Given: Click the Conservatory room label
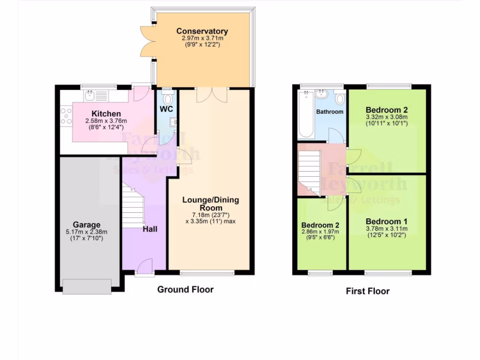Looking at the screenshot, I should pos(202,31).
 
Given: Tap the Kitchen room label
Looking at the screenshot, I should pos(106,114).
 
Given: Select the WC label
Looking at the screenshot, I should pos(166,109).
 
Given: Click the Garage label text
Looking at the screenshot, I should pos(86,225).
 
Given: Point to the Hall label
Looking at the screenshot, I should pos(150,229).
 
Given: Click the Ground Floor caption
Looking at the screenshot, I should pos(185,290).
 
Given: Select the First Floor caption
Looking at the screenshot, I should pos(367,291).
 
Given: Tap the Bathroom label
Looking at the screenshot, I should pos(330,112).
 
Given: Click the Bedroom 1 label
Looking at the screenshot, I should pos(386,221).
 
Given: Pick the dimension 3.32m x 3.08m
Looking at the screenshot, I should pos(387,117).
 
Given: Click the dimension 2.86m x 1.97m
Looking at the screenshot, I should pos(320,232).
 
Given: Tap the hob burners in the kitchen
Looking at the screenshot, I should pos(66,116).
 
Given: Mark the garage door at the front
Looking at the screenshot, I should pos(87,286).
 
